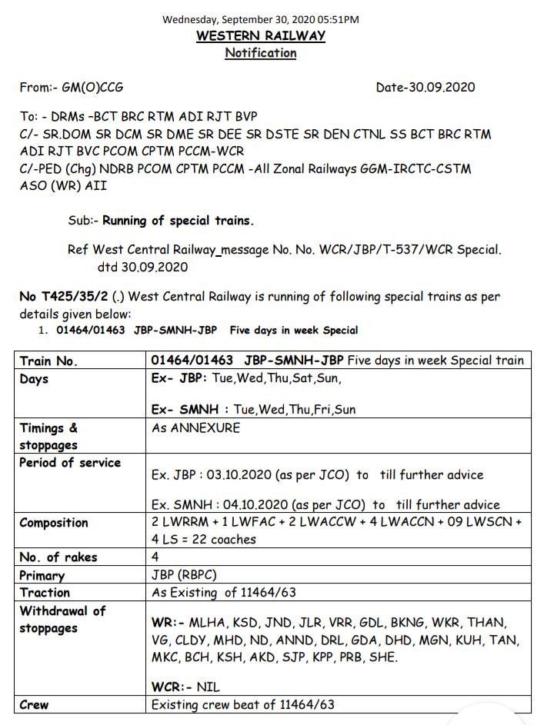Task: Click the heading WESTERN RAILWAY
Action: tap(260, 36)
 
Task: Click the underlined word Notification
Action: tap(260, 53)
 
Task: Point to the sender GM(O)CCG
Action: tap(92, 88)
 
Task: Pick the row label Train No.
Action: tap(48, 361)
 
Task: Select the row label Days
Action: tap(34, 379)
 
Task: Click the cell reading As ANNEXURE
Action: tap(195, 428)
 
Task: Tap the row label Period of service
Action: tap(70, 463)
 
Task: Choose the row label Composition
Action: tap(54, 523)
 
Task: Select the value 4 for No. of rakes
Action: tap(156, 557)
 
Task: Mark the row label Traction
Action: tap(45, 593)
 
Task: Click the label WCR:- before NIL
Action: tap(175, 687)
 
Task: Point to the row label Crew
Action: tap(34, 704)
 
